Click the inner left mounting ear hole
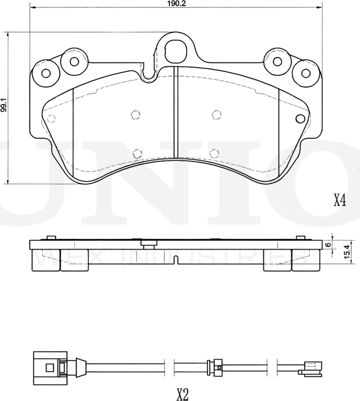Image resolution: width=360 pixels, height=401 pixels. coord(71,61)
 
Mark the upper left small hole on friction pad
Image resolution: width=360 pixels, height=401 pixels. coord(134,114)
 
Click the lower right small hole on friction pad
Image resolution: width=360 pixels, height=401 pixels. coord(214,152)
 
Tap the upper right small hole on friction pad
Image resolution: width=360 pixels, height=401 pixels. coord(215,115)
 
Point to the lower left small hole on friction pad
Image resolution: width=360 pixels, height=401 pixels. coord(137,152)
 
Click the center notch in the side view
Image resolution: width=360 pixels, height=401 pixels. coord(175,260)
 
